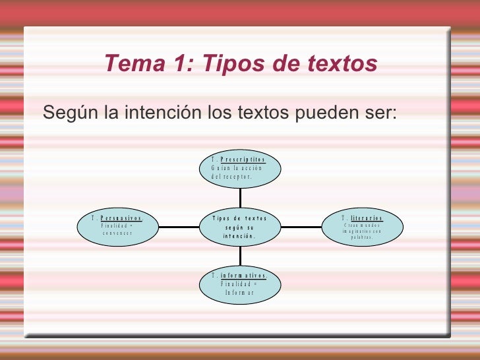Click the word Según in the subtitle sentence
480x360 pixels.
[x=71, y=113]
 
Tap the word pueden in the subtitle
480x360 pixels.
[x=328, y=113]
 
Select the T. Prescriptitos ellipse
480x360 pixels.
[x=240, y=168]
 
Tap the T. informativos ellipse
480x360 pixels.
[x=240, y=284]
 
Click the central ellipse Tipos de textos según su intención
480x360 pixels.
[x=240, y=227]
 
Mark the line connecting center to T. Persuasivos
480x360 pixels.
[x=179, y=227]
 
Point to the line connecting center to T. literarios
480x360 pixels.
[x=301, y=227]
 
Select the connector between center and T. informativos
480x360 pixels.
[x=240, y=256]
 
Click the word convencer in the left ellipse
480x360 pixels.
[x=118, y=233]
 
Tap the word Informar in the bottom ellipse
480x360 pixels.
[x=239, y=292]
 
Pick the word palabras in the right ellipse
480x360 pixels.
[x=362, y=237]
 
